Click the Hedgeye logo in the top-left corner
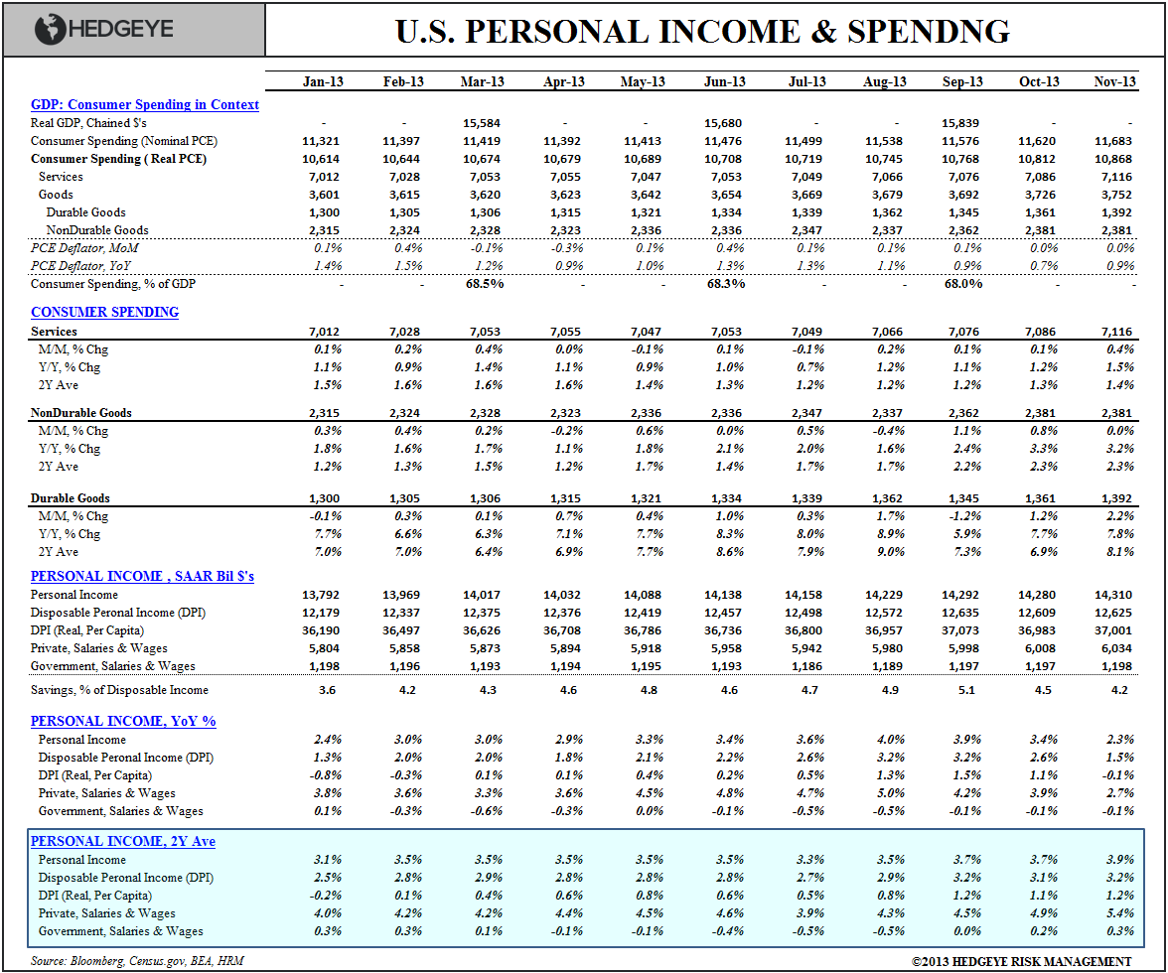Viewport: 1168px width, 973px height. pos(103,30)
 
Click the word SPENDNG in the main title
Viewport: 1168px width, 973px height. pos(928,32)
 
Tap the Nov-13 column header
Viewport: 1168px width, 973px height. pos(1114,81)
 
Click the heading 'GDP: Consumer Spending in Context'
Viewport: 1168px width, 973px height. pos(145,104)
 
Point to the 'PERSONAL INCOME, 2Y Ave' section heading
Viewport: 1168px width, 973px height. pos(123,841)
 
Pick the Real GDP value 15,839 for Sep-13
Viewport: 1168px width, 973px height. pos(961,123)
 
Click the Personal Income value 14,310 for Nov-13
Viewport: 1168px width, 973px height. pos(1113,595)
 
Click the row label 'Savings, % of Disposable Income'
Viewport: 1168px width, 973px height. pos(119,690)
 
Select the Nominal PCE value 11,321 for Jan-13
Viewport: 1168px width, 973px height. pos(324,141)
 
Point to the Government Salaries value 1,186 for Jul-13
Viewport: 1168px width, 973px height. pos(805,666)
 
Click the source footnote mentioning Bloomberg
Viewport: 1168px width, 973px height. pos(137,960)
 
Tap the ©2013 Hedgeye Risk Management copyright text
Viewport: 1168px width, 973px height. pos(1021,961)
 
